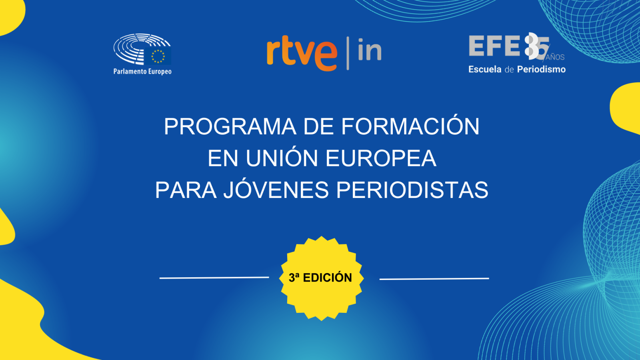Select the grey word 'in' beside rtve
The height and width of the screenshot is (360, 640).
coord(370,50)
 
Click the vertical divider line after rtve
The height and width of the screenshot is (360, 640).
coord(348,53)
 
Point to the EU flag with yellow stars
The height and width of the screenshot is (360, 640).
coord(158,56)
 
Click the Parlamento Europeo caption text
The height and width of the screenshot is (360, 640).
coord(142,72)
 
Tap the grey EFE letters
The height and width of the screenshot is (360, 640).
coord(494,46)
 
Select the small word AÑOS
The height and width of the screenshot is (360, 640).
coord(555,57)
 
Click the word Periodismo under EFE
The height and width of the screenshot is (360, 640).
coord(541,69)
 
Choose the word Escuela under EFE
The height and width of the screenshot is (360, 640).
coord(485,69)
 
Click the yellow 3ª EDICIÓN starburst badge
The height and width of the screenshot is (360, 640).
coord(321,278)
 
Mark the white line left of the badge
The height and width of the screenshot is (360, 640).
coord(214,277)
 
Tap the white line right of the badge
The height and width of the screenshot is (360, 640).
coord(434,278)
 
